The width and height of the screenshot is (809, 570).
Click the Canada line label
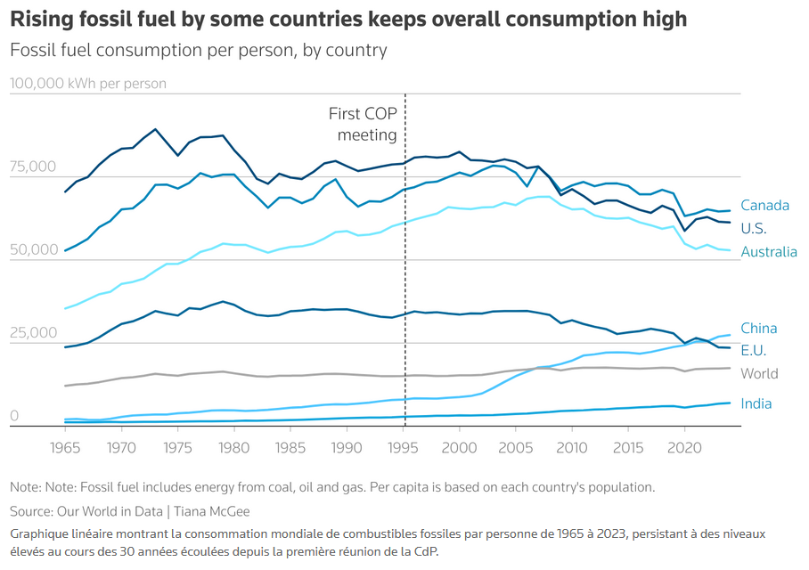click(764, 206)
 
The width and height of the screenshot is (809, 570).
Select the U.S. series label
click(754, 229)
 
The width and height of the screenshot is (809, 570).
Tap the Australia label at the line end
click(769, 252)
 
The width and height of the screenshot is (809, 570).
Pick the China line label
click(758, 329)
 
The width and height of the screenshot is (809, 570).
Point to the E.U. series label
click(754, 351)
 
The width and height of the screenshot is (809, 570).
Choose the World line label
click(759, 374)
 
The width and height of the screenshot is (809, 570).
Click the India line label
click(756, 404)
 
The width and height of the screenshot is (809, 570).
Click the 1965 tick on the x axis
click(65, 445)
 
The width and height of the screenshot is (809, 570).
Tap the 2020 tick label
click(684, 445)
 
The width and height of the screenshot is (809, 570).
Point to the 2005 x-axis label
click(515, 445)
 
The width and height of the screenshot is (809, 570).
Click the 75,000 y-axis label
click(32, 167)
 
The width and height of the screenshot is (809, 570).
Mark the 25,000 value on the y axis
click(32, 333)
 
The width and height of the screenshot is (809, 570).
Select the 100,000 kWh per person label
click(88, 85)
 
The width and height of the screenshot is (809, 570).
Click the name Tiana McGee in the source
click(212, 511)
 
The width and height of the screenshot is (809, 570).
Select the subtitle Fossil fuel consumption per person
click(198, 50)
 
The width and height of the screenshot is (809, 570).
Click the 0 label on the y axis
click(14, 416)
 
